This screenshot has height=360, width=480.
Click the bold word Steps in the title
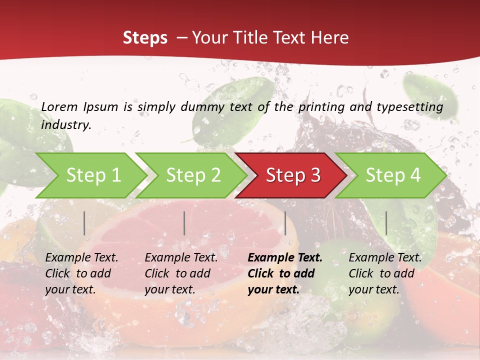pyautogui.click(x=145, y=38)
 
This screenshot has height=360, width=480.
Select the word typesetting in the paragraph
pyautogui.click(x=409, y=107)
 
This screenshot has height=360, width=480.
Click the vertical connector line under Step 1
pyautogui.click(x=84, y=223)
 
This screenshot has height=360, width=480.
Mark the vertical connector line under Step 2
pyautogui.click(x=184, y=223)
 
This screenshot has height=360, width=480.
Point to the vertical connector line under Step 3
pyautogui.click(x=285, y=223)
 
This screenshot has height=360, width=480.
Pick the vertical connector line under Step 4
pyautogui.click(x=386, y=223)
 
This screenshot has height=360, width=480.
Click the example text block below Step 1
pyautogui.click(x=81, y=273)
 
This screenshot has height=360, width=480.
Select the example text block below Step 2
pyautogui.click(x=181, y=273)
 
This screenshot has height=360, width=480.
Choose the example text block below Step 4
pyautogui.click(x=385, y=273)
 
